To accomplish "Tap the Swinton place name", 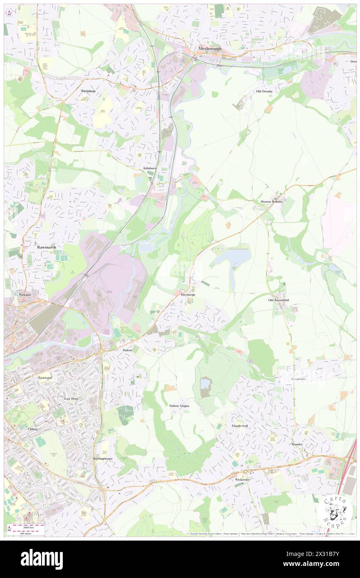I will click(88, 91).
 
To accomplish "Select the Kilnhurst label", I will click(150, 168).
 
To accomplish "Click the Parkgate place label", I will click(25, 294).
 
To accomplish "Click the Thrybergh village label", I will click(188, 294).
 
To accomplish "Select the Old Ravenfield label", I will click(279, 300).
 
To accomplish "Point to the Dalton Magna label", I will click(180, 405).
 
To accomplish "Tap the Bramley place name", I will click(297, 444).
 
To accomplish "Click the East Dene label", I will click(71, 398).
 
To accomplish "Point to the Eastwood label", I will click(45, 378).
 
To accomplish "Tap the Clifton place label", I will click(32, 429).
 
